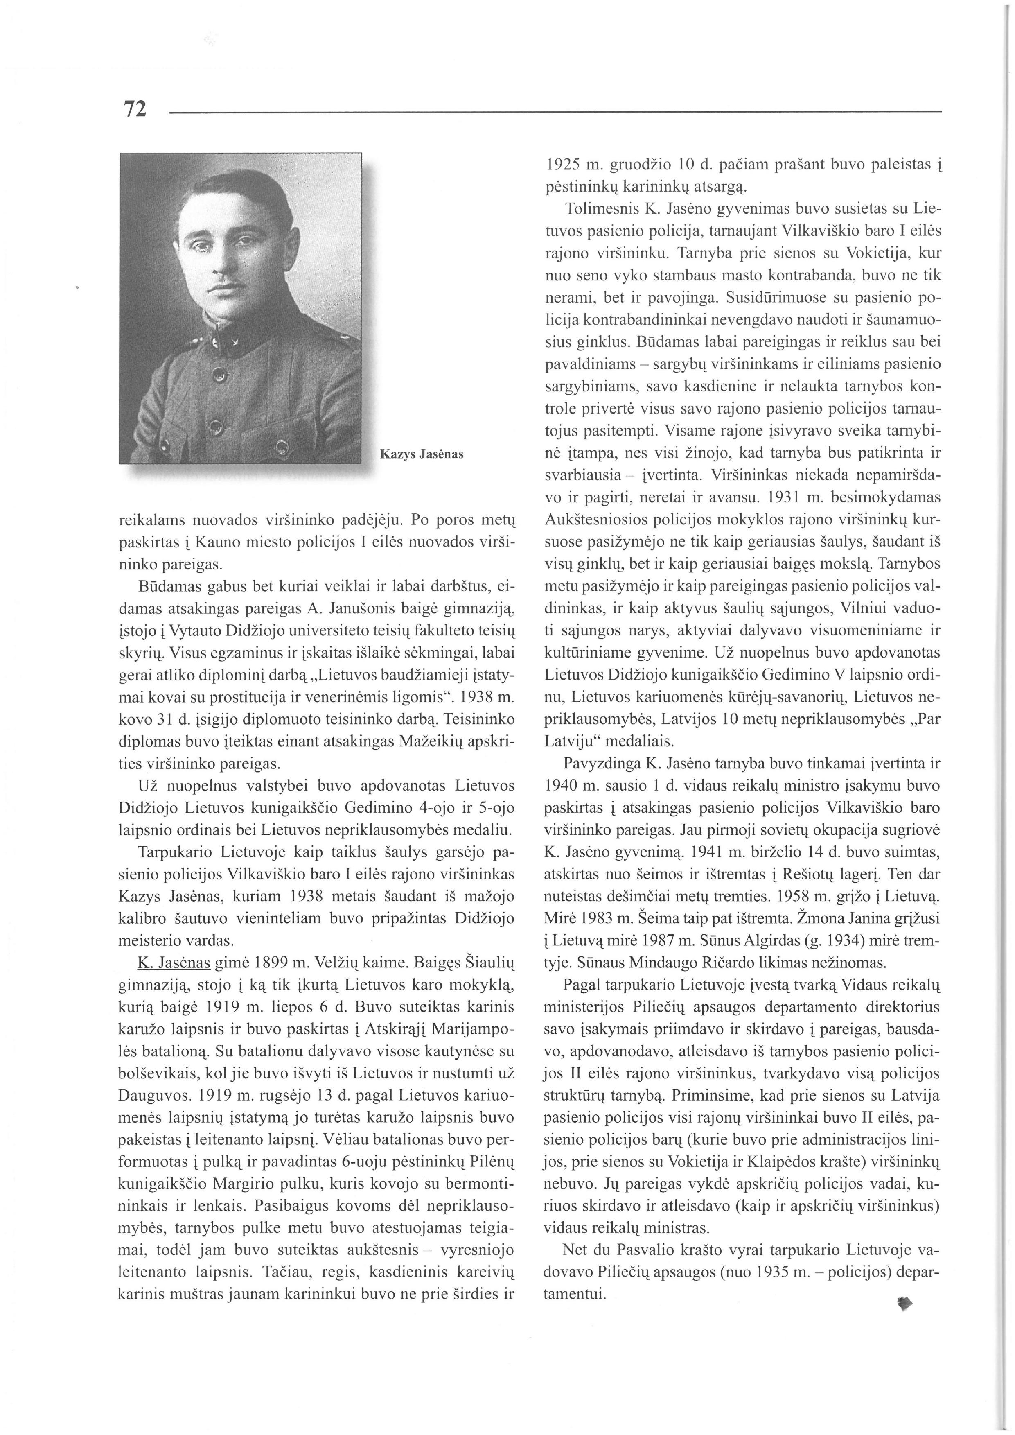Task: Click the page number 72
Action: click(135, 109)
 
